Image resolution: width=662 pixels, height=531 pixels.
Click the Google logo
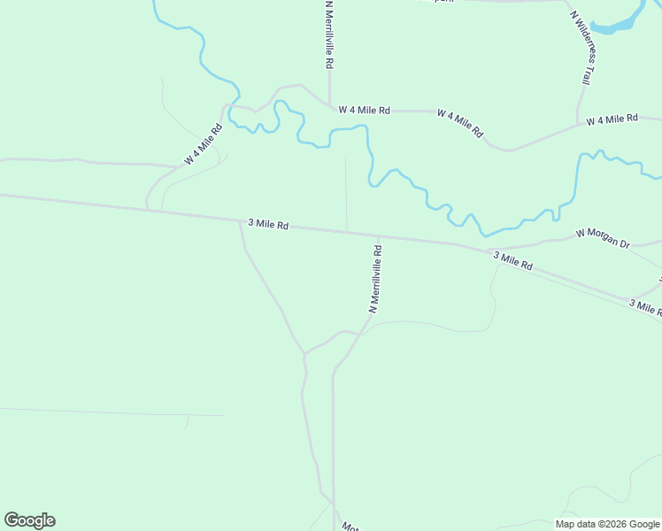[x=29, y=520]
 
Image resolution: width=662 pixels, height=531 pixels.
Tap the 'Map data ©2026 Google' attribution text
[x=608, y=524]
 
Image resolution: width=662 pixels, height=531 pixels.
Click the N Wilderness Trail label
[x=581, y=48]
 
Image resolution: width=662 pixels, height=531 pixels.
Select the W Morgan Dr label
[x=602, y=238]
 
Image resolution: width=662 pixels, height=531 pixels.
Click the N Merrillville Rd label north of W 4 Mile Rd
[x=329, y=35]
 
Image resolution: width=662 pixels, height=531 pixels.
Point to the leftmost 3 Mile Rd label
[x=268, y=225]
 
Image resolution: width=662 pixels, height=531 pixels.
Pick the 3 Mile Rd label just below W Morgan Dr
[x=512, y=260]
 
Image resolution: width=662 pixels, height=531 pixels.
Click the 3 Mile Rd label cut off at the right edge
[x=645, y=306]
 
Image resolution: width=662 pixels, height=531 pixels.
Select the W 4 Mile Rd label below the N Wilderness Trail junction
[x=612, y=119]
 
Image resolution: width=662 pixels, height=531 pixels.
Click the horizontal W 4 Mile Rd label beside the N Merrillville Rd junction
[x=364, y=111]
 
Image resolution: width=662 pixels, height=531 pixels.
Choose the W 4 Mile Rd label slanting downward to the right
[x=460, y=123]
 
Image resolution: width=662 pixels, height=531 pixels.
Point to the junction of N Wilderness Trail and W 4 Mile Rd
[x=577, y=123]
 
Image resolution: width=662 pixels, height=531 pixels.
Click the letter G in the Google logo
[x=12, y=520]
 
